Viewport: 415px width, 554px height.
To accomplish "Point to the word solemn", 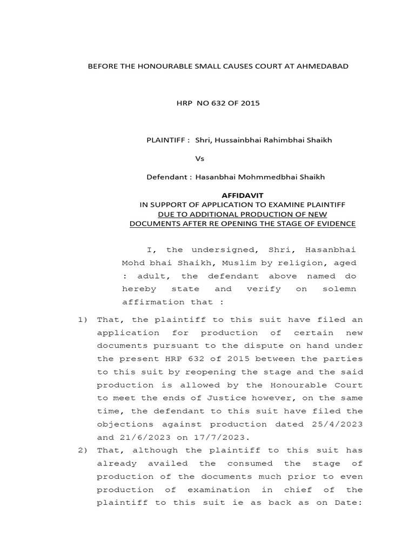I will [x=340, y=289].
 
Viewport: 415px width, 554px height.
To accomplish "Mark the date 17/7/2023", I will [x=215, y=437].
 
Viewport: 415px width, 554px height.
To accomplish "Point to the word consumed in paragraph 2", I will [x=254, y=463].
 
